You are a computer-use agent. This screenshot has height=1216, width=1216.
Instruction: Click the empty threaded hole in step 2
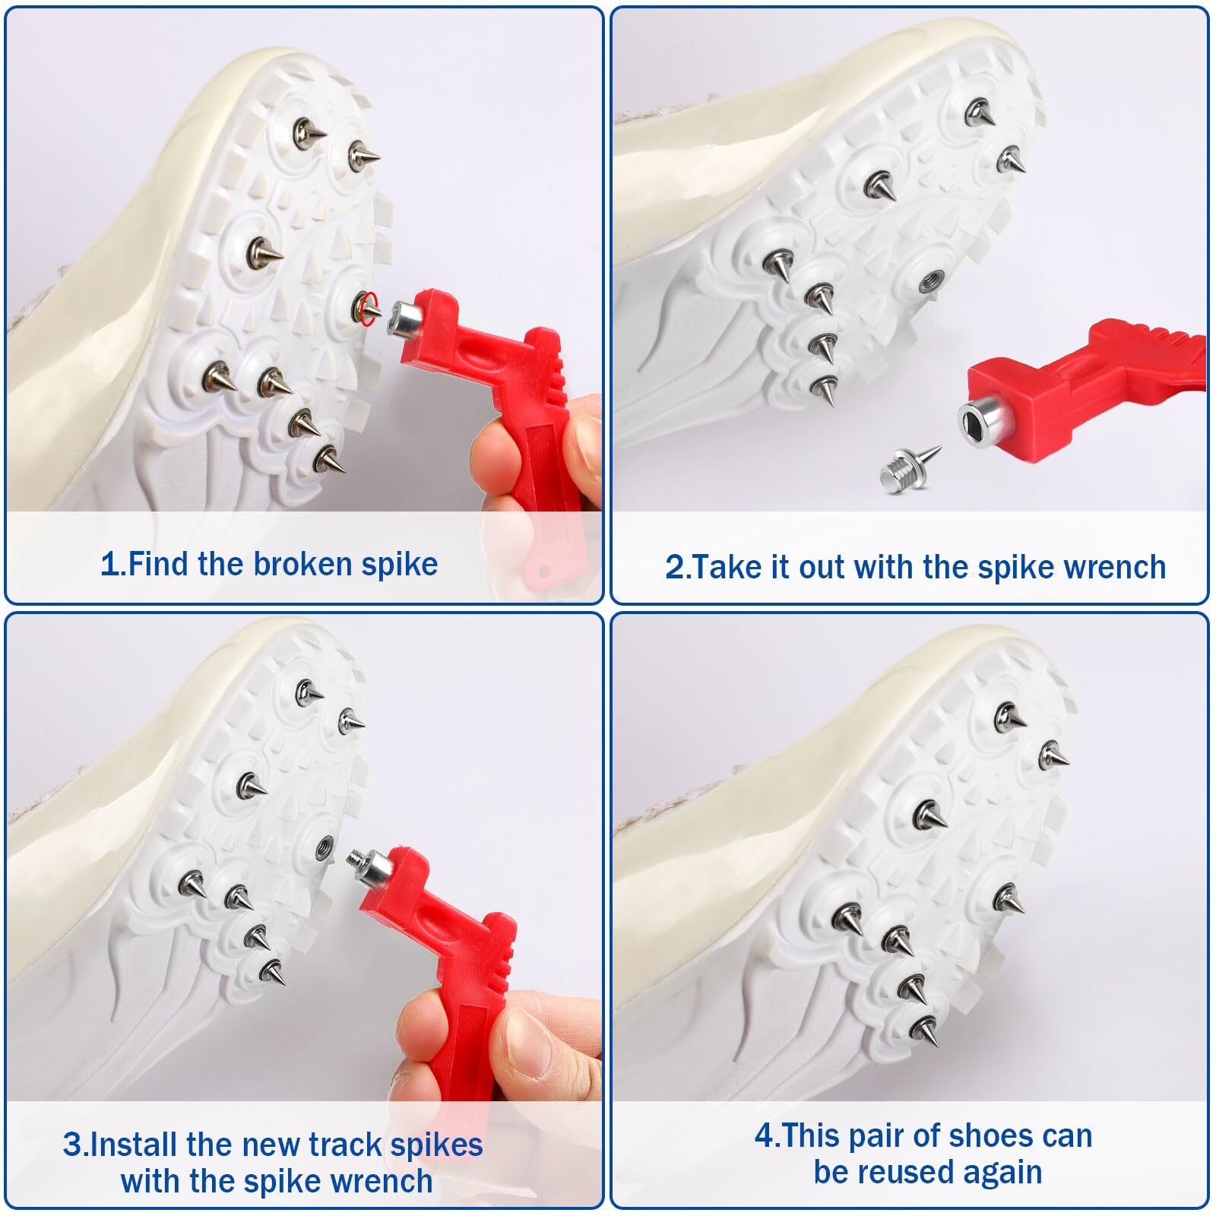coord(928,281)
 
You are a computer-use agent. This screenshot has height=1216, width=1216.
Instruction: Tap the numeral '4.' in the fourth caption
coord(766,1136)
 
